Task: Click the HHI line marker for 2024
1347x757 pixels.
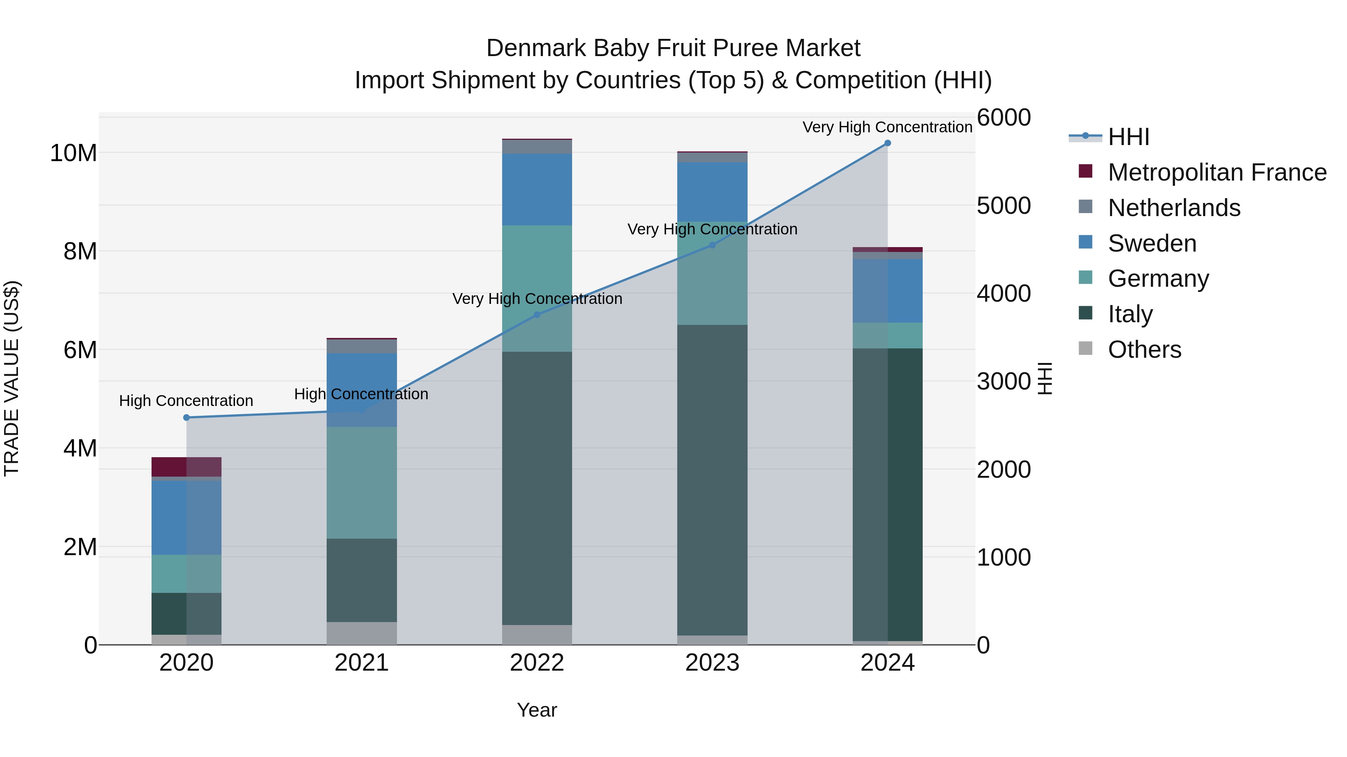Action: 888,143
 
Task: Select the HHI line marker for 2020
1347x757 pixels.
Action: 187,418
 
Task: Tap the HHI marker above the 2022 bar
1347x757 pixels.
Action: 537,314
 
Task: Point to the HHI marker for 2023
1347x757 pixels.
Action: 712,244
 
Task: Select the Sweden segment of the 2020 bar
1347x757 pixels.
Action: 186,517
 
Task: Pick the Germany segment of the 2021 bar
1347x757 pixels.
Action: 361,482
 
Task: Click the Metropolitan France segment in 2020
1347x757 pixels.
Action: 186,467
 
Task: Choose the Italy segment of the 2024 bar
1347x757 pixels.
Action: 888,494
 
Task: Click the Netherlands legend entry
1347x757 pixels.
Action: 1174,208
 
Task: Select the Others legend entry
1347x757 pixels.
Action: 1144,350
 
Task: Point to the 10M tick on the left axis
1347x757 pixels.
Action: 73,153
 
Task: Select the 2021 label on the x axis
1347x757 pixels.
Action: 361,663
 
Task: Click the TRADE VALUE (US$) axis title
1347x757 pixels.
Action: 12,378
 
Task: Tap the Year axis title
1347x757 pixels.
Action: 537,710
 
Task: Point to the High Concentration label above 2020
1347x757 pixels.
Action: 186,401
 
